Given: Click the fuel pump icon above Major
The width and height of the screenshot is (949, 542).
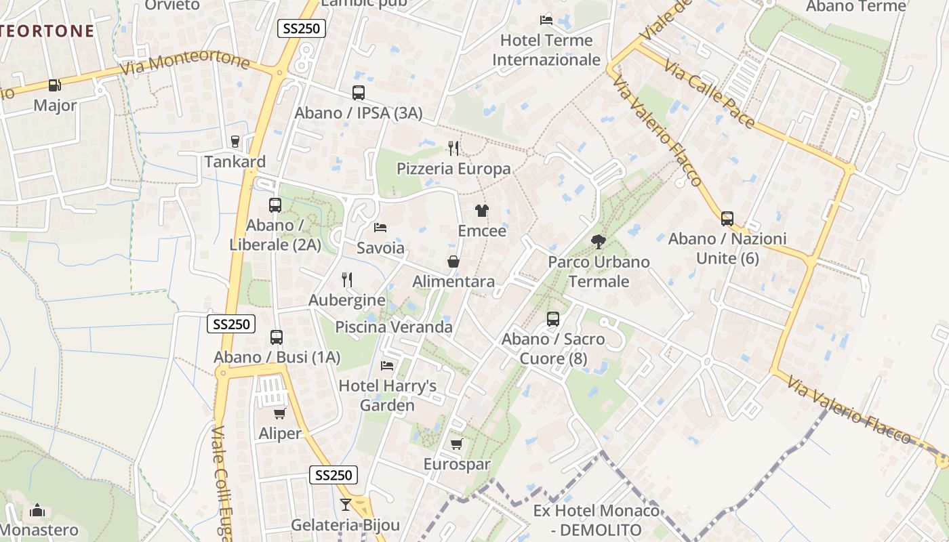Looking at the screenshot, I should click(x=54, y=85).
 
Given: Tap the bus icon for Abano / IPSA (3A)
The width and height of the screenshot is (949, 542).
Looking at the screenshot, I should click(x=359, y=93).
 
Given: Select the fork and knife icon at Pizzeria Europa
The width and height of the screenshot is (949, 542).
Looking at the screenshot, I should click(x=453, y=148).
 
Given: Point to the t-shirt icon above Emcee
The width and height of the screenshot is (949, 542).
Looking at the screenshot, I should click(x=481, y=210).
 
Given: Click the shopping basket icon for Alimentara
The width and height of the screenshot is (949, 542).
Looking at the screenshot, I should click(x=453, y=262).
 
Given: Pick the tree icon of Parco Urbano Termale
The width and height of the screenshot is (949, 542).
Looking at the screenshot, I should click(x=598, y=241).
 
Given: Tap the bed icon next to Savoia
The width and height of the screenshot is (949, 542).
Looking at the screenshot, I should click(x=380, y=227).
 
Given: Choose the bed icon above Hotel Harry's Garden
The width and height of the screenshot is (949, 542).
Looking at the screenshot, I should click(x=387, y=365).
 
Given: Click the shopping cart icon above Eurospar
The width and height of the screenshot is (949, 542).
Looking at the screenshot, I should click(x=456, y=444).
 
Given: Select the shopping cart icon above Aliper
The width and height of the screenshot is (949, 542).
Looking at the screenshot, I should click(x=279, y=413).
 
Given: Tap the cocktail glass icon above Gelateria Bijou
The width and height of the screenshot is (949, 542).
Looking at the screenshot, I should click(x=346, y=504).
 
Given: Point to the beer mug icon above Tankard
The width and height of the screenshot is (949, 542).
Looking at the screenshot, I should click(x=235, y=141).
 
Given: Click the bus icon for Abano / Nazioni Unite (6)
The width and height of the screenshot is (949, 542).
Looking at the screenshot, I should click(x=727, y=218).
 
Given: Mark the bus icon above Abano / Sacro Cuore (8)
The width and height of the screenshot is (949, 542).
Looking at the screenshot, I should click(x=553, y=318).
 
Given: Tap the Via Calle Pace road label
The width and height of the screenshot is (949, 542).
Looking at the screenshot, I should click(x=709, y=94).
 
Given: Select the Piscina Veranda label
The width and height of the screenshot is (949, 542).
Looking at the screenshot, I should click(x=394, y=327).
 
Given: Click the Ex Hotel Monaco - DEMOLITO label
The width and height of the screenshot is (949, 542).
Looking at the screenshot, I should click(x=597, y=520).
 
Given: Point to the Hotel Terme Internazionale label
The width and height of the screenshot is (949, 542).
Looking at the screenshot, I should click(x=546, y=50).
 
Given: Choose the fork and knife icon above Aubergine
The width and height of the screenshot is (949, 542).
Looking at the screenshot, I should click(x=347, y=279).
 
